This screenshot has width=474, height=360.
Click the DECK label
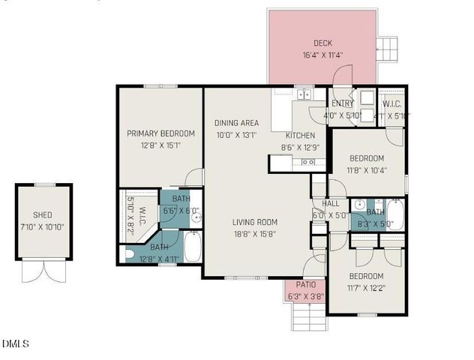click(322, 43)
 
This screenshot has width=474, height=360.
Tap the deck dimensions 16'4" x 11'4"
click(322, 55)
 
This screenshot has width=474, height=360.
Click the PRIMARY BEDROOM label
click(160, 133)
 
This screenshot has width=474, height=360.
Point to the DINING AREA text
click(236, 123)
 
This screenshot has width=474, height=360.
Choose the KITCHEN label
click(299, 136)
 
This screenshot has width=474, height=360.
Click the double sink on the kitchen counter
click(304, 94)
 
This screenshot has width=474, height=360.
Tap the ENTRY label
click(342, 103)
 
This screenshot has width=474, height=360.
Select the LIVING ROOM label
click(254, 222)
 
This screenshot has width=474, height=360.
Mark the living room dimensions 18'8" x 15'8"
click(254, 234)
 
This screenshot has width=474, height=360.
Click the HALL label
click(331, 203)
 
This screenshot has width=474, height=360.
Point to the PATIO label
click(305, 285)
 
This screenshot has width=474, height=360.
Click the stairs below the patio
click(305, 318)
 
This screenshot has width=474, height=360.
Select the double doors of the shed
click(43, 270)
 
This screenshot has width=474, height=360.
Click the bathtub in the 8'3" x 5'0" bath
click(395, 214)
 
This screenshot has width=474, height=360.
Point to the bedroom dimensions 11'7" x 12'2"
click(367, 288)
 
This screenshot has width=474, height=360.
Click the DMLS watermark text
click(15, 344)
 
